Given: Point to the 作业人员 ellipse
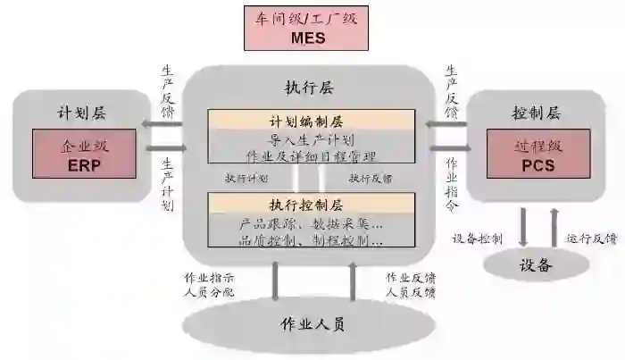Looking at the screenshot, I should (312, 323).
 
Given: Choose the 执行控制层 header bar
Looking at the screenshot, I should (312, 205).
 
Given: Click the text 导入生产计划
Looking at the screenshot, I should (312, 139).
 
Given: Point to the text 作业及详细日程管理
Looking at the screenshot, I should (312, 157).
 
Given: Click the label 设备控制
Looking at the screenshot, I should (478, 239).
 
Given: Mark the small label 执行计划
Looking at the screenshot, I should (246, 178).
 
